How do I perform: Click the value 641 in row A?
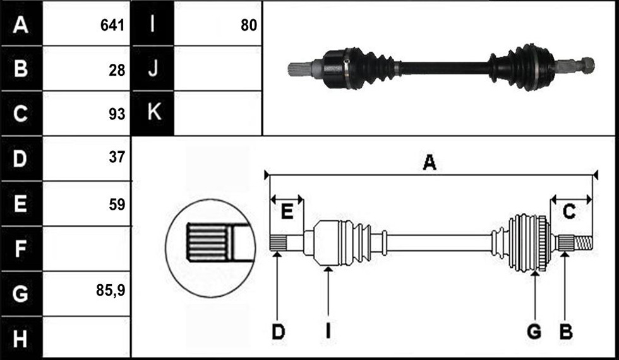coord(112,26)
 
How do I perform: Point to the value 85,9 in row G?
coord(111,291)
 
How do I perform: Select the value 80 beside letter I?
coord(249,26)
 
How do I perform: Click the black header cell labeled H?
coord(21,338)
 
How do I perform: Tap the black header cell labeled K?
coord(153,113)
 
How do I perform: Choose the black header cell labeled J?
coord(153,68)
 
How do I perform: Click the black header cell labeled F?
coord(21,249)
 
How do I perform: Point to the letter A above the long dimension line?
coord(430,162)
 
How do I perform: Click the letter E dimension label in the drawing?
coord(287,212)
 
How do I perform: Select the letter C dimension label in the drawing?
coord(568,212)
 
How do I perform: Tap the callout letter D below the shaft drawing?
coord(278,332)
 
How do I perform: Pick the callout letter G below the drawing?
coord(534,332)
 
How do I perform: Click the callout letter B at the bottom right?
coord(566,332)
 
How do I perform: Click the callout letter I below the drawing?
coord(328,332)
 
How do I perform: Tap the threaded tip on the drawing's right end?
coord(582,243)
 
